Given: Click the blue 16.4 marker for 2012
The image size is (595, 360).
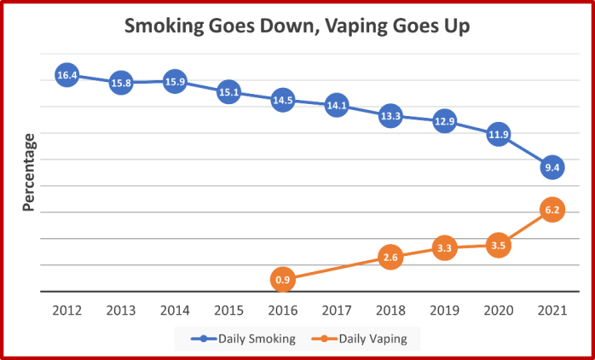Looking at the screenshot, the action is [66, 75].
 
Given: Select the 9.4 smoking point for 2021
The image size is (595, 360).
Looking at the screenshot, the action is [552, 167].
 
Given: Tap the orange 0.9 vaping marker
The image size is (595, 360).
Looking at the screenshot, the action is [283, 280].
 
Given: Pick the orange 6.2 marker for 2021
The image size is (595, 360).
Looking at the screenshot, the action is [552, 210].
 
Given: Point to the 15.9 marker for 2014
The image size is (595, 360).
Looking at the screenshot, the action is [175, 82].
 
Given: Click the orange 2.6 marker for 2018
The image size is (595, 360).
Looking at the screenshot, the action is [390, 258].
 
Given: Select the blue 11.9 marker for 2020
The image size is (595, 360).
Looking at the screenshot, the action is [498, 135].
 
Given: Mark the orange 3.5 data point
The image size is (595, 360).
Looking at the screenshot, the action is [498, 246].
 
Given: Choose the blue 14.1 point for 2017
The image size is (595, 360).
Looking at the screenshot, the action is [337, 105].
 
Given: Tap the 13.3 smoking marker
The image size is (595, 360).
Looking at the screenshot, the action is [390, 116].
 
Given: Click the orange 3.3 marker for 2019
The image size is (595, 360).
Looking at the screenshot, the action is [444, 248].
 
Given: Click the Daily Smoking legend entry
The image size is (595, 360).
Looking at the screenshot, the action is [243, 339].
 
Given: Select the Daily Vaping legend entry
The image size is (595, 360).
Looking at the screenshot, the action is [359, 339].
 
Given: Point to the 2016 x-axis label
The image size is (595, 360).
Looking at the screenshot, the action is [283, 311].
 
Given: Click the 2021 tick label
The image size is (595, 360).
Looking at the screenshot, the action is [552, 311].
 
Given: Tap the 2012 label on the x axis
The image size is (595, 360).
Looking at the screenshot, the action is [67, 311].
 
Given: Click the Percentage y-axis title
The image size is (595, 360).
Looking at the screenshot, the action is [28, 172].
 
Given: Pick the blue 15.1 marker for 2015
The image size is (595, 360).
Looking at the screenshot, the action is [228, 92].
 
